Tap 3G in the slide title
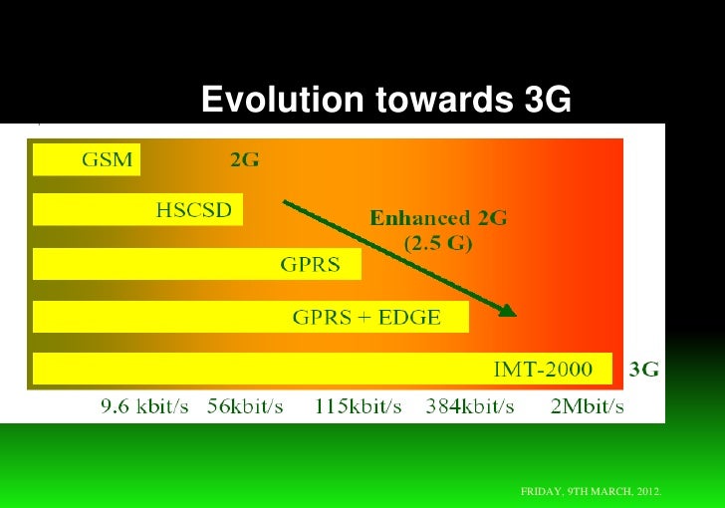[x=545, y=100]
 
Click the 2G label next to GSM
[x=245, y=159]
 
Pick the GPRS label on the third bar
[x=310, y=265]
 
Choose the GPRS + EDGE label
[x=365, y=318]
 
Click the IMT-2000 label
[x=543, y=370]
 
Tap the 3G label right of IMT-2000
[x=644, y=370]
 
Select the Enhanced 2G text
[x=438, y=217]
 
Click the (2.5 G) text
[x=438, y=241]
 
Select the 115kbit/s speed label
[x=358, y=406]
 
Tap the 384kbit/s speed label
[x=470, y=406]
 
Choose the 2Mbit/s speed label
[x=587, y=406]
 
